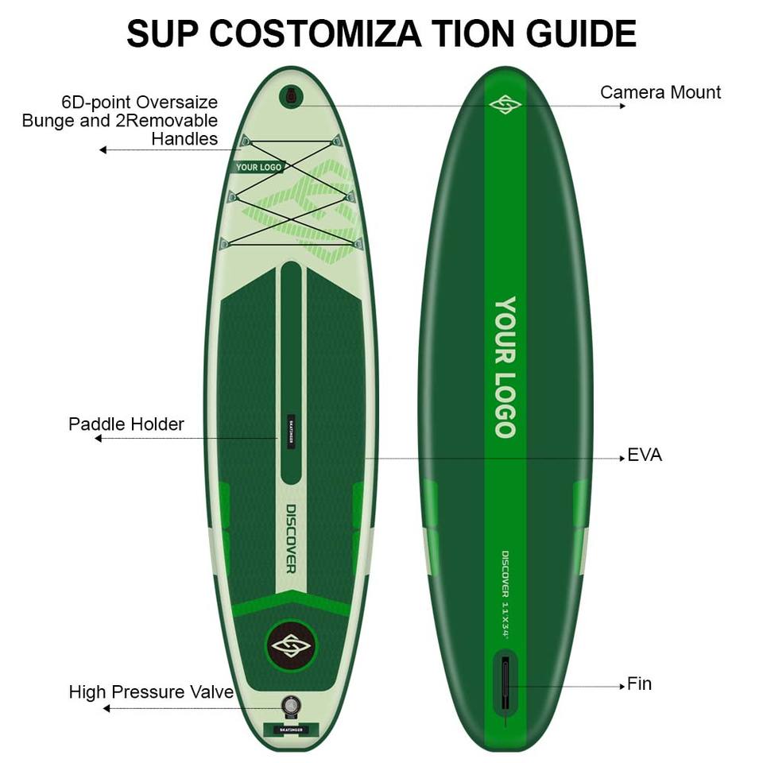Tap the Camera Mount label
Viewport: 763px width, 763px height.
(660, 92)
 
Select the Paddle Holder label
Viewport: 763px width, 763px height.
(126, 424)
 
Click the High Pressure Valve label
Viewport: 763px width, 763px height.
(151, 691)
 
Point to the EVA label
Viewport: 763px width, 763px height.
(645, 455)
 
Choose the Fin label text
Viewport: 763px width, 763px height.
(639, 684)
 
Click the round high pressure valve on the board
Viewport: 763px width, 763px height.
(291, 705)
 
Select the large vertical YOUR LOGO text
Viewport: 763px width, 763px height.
(505, 367)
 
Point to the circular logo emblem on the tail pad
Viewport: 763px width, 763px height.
(290, 643)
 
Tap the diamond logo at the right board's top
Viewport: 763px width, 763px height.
(504, 104)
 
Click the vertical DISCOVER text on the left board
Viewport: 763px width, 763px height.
(291, 538)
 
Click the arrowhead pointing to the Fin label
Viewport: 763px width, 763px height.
(622, 684)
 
